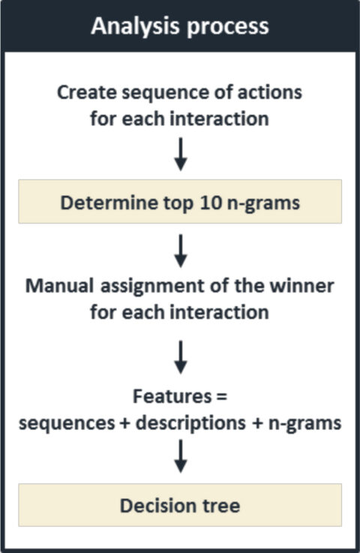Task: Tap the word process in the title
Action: (x=228, y=28)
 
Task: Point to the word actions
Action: (x=270, y=92)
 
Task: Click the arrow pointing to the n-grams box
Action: (x=181, y=155)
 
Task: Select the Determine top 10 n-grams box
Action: (x=180, y=201)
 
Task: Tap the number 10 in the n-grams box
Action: (x=211, y=203)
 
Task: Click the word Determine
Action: (x=109, y=203)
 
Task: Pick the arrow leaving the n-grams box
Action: (x=181, y=251)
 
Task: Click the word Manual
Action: (x=59, y=286)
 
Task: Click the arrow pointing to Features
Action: (x=181, y=357)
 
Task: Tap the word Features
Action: (x=172, y=396)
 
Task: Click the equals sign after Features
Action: (x=221, y=397)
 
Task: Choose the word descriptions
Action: (x=190, y=424)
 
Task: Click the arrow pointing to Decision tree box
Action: (x=181, y=456)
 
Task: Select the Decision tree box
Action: (x=180, y=505)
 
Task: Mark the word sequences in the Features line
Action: (x=67, y=424)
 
